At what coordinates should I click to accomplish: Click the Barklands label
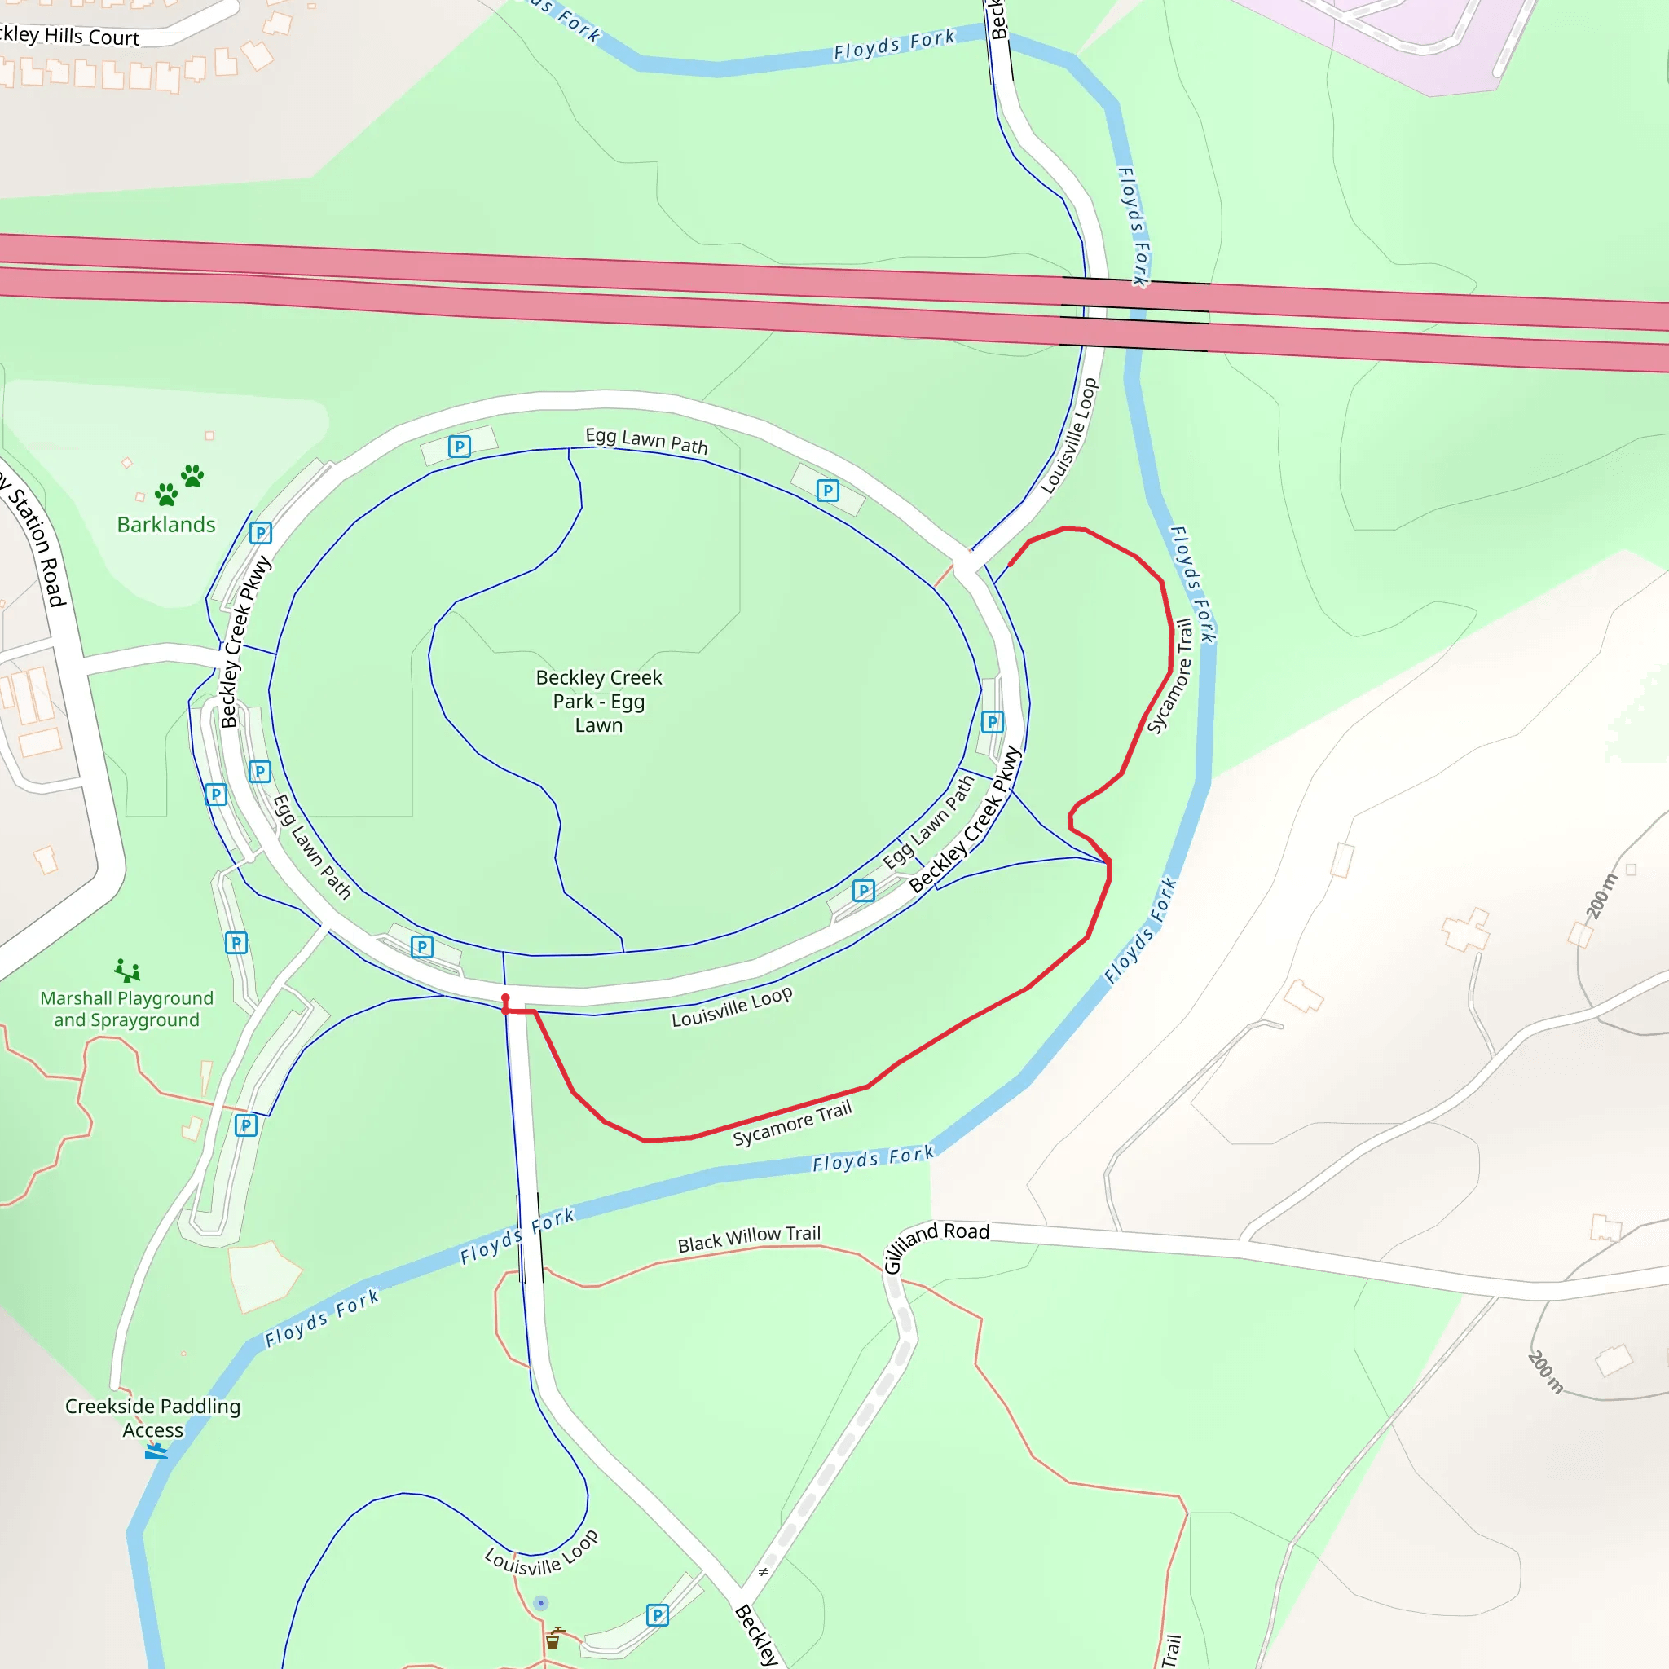pyautogui.click(x=166, y=524)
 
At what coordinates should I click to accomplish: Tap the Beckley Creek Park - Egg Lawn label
pyautogui.click(x=599, y=701)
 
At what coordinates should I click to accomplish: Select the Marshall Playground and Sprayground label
pyautogui.click(x=127, y=1009)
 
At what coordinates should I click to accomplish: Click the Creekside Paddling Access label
pyautogui.click(x=153, y=1418)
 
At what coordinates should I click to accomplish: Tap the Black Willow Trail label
pyautogui.click(x=749, y=1239)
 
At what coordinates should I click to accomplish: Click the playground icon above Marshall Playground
pyautogui.click(x=127, y=970)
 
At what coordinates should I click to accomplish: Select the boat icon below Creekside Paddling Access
pyautogui.click(x=156, y=1452)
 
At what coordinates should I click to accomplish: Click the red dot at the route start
pyautogui.click(x=505, y=998)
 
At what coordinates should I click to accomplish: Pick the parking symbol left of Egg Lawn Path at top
pyautogui.click(x=460, y=447)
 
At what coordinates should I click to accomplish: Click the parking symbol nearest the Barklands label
pyautogui.click(x=260, y=533)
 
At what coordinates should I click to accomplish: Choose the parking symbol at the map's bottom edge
pyautogui.click(x=658, y=1615)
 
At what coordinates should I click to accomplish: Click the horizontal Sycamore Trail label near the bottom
pyautogui.click(x=792, y=1124)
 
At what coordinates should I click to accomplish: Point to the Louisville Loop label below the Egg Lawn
pyautogui.click(x=732, y=1007)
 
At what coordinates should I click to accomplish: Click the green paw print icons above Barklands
pyautogui.click(x=178, y=486)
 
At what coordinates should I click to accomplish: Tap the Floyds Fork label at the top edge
pyautogui.click(x=894, y=44)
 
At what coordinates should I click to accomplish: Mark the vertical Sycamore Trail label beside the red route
pyautogui.click(x=1169, y=676)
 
